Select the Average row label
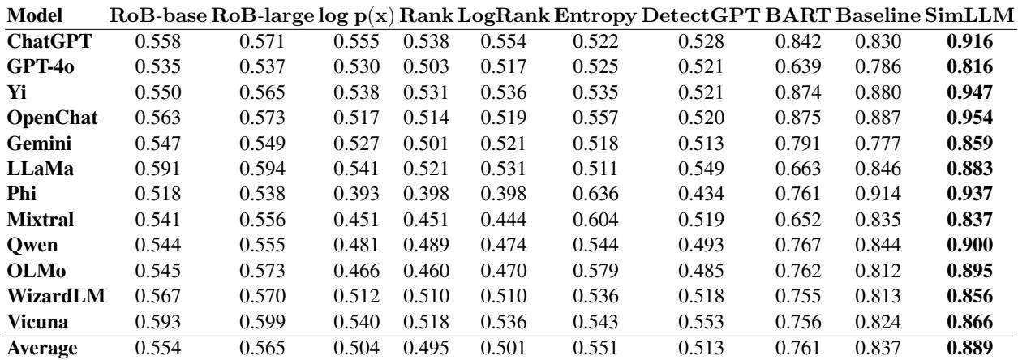pos(45,349)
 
